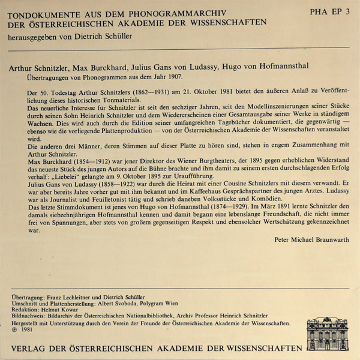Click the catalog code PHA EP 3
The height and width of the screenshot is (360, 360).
(329, 12)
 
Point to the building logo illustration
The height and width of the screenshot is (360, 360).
(326, 334)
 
